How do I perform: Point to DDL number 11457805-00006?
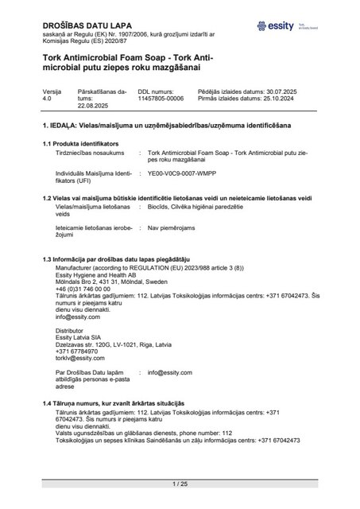tap(161, 99)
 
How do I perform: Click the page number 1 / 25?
tap(180, 484)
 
